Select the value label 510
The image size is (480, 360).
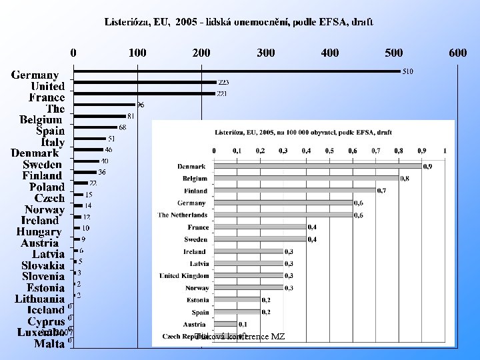pyautogui.click(x=407, y=71)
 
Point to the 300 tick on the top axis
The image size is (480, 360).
pyautogui.click(x=266, y=53)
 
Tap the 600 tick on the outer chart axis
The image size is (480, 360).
pyautogui.click(x=458, y=53)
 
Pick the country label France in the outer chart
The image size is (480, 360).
pyautogui.click(x=47, y=97)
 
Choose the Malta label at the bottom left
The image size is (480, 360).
pyautogui.click(x=49, y=344)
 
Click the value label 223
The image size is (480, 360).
pyautogui.click(x=223, y=83)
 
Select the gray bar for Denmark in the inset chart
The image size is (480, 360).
pyautogui.click(x=317, y=166)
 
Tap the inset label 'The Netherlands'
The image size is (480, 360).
pyautogui.click(x=183, y=215)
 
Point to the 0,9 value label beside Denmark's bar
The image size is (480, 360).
pyautogui.click(x=427, y=166)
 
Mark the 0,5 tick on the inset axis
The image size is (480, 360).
pyautogui.click(x=329, y=151)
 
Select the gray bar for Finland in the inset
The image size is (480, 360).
pyautogui.click(x=294, y=191)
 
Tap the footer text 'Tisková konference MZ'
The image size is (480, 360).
pyautogui.click(x=240, y=337)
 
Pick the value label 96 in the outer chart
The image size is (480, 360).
pyautogui.click(x=140, y=105)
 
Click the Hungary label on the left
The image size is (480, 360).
pyautogui.click(x=39, y=232)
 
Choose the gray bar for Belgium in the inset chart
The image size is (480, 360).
pyautogui.click(x=306, y=179)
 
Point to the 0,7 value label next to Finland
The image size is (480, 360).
pyautogui.click(x=381, y=191)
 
